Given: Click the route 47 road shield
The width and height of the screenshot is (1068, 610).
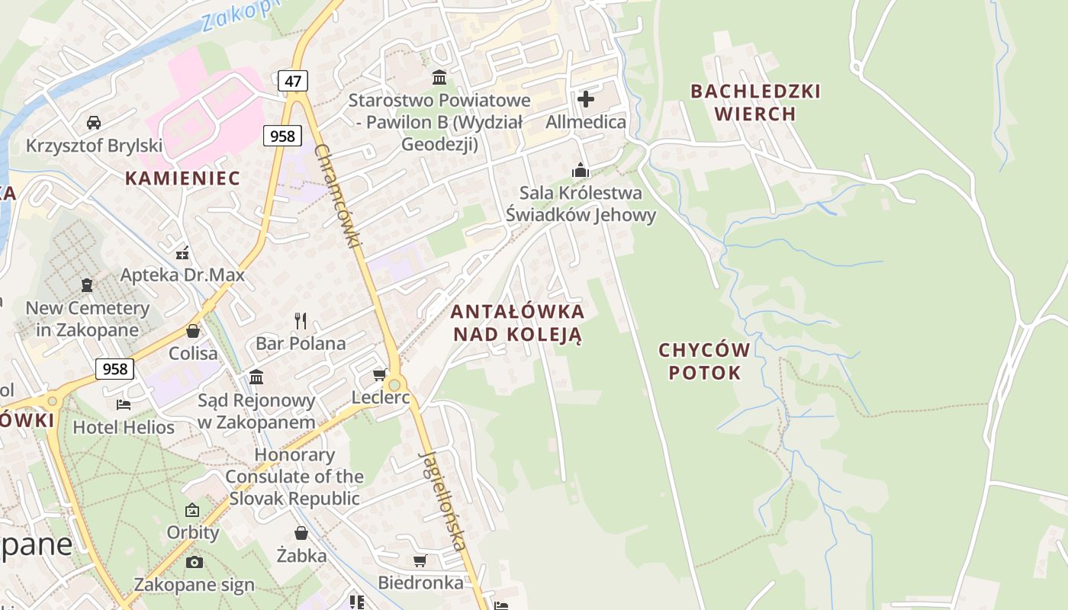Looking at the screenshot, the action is point(292,80).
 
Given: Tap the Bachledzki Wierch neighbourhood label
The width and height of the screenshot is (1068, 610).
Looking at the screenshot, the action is point(755,102).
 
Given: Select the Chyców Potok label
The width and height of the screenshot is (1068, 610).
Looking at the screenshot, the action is point(704,361).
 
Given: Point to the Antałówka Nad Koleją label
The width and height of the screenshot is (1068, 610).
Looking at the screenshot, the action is point(517,323).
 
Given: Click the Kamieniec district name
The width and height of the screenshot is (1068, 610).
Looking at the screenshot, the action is point(182,178).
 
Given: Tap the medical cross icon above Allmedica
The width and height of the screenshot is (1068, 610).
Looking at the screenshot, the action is point(586,99).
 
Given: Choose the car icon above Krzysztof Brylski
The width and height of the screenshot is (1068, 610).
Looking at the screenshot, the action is point(94,123).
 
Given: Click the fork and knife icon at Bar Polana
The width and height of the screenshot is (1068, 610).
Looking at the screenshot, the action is point(301,321).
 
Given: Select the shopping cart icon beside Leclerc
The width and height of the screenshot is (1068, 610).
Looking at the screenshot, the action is point(379,375).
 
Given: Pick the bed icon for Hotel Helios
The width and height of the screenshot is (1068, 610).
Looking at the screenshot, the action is point(124,404).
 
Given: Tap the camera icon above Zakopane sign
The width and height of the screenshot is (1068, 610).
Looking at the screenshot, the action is point(195,562).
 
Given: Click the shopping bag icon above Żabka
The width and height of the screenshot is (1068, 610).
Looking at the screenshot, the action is point(301,533).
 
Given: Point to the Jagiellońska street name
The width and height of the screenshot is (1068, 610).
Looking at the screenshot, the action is point(442,500).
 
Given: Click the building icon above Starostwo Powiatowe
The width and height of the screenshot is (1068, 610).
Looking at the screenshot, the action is point(439,77).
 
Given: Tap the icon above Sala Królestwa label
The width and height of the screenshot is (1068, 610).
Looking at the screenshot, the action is point(581,170).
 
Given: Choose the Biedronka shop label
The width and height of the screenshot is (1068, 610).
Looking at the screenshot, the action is point(420,583).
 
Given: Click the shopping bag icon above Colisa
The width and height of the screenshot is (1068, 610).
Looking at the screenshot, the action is point(193,331).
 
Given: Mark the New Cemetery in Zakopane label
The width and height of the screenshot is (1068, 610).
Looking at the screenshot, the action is point(87,319).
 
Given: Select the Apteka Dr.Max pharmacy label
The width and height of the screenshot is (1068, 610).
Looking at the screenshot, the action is point(183,274).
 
